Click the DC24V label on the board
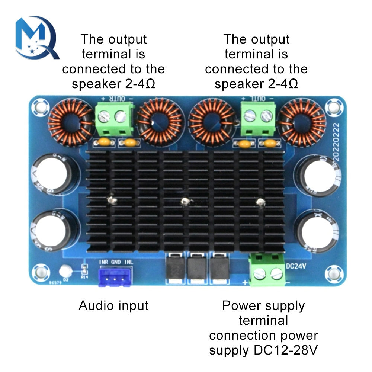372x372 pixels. click(x=296, y=266)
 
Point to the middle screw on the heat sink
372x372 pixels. click(x=183, y=202)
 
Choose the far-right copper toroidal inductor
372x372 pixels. click(x=302, y=121)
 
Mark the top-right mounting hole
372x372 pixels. click(x=333, y=108)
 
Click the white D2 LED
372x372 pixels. click(x=66, y=269)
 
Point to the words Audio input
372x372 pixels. click(x=113, y=306)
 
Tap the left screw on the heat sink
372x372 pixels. click(x=110, y=201)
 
